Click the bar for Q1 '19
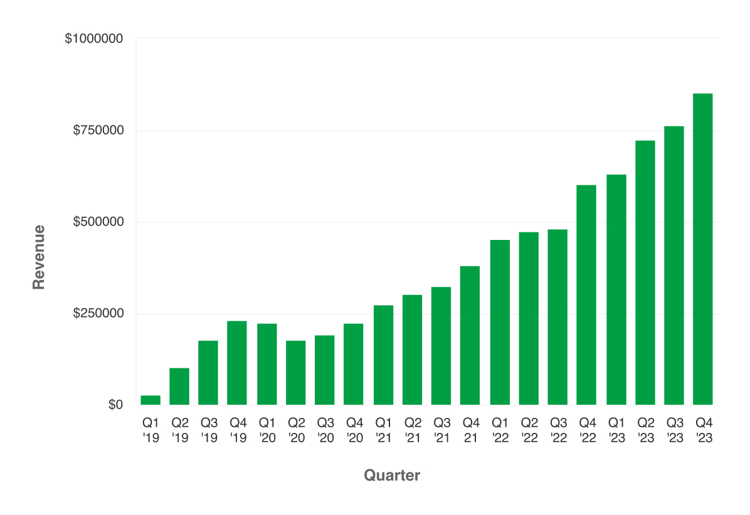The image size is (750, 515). tap(151, 400)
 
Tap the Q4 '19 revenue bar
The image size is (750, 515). tap(237, 363)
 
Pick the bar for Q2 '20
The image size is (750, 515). tap(295, 373)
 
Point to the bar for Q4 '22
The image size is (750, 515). tap(586, 295)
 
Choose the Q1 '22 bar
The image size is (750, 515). tap(500, 323)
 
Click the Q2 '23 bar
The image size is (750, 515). tap(645, 273)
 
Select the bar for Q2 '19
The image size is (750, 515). tap(179, 387)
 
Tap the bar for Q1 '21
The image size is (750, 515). tap(383, 355)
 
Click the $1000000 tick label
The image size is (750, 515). tap(93, 39)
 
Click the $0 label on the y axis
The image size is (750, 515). tap(115, 405)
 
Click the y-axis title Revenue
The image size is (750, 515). tap(39, 257)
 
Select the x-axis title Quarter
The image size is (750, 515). tap(392, 476)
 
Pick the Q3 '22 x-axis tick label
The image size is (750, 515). tap(557, 430)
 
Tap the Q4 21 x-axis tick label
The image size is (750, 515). tap(470, 430)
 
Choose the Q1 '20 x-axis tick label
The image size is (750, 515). tap(267, 430)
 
